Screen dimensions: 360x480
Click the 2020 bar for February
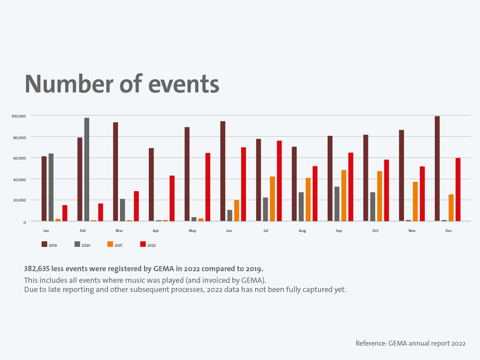(x=87, y=169)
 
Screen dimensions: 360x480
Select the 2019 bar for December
(x=437, y=168)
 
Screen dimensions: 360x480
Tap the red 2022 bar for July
(x=279, y=181)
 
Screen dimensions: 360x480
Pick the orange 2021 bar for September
(x=344, y=196)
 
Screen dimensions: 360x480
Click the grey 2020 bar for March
(x=122, y=210)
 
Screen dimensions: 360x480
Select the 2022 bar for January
(x=65, y=213)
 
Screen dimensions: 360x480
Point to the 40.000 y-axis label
(x=19, y=179)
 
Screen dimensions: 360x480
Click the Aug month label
(x=302, y=231)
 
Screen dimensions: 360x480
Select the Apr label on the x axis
(x=156, y=231)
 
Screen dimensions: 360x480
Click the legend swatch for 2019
(x=44, y=244)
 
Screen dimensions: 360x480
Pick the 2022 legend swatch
(x=143, y=244)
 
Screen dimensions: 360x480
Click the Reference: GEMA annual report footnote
(x=410, y=343)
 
